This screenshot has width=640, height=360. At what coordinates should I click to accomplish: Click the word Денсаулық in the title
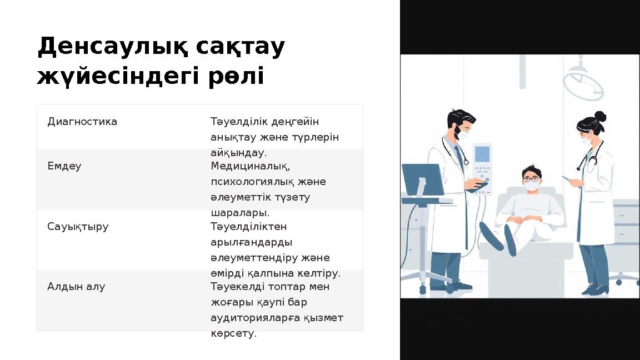pos(112,48)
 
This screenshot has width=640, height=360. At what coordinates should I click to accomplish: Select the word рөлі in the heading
pos(236,77)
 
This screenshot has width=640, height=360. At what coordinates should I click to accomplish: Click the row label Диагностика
pos(82,121)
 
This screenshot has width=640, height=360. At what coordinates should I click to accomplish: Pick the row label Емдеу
pos(64,166)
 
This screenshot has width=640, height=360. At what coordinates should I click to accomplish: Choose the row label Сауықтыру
pos(78,227)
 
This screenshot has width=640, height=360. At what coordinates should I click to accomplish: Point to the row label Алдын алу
pos(76,287)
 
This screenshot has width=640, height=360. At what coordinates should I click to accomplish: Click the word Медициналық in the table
pos(251,166)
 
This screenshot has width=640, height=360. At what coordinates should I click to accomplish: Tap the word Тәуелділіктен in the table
pos(248,227)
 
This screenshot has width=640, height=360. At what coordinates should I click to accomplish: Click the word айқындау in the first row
pos(237,152)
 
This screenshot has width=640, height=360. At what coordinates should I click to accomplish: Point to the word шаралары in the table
pos(239,213)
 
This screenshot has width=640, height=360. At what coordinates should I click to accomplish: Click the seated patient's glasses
pos(531,179)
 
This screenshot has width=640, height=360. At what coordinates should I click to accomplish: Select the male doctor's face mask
pos(463,134)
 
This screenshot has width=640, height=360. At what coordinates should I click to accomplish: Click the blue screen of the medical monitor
pos(482,153)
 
